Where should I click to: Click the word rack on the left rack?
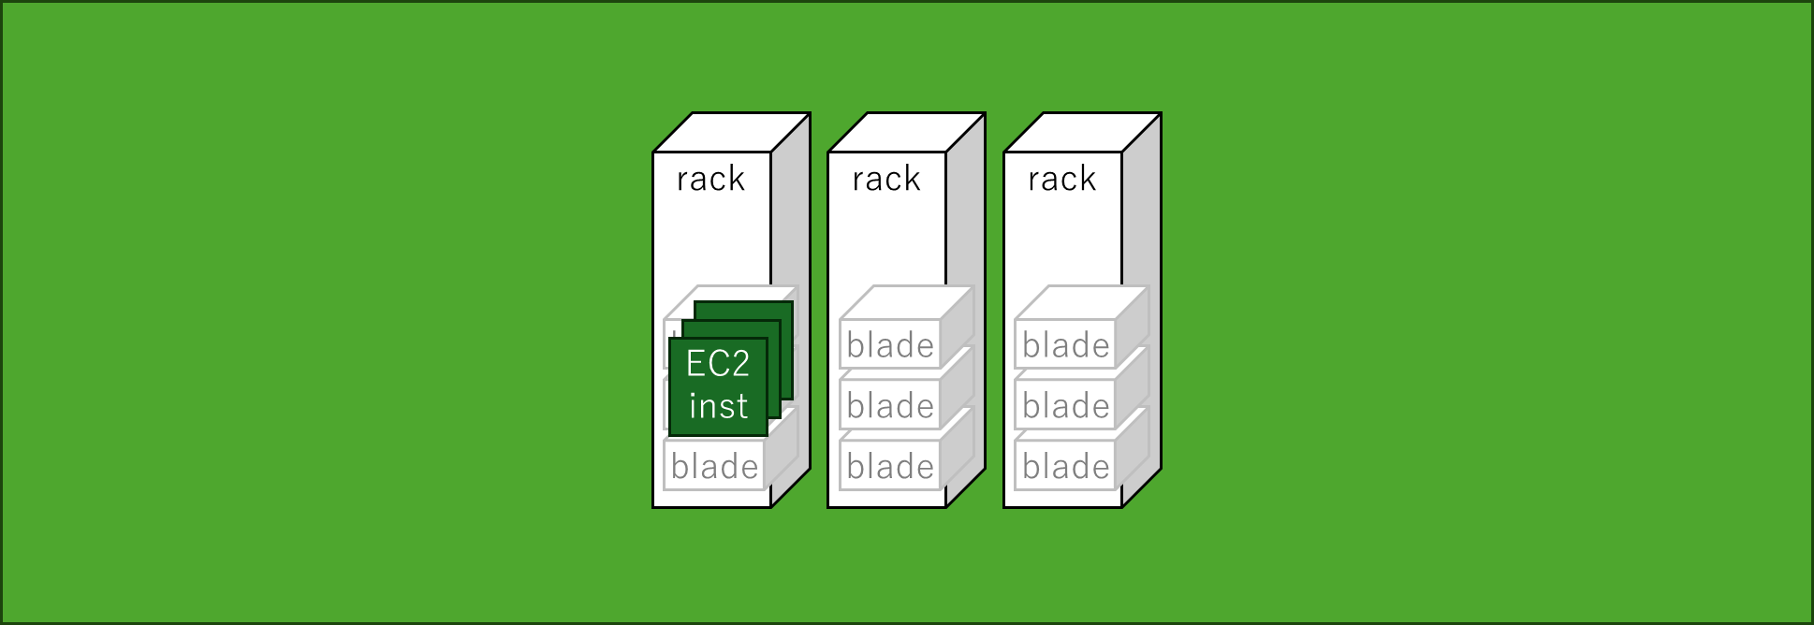click(710, 179)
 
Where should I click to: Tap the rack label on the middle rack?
click(886, 179)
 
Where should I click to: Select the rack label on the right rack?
click(1061, 179)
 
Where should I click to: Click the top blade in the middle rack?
click(890, 345)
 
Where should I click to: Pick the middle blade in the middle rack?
click(890, 406)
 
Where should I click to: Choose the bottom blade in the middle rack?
click(890, 466)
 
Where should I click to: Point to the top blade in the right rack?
click(1065, 345)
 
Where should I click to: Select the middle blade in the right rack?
click(1065, 406)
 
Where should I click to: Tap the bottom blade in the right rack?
click(1065, 466)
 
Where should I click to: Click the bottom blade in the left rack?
click(714, 466)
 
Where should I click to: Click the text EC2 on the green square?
click(718, 364)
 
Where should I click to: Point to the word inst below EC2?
click(718, 406)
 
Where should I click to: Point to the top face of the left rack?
click(731, 132)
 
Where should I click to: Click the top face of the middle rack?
click(906, 132)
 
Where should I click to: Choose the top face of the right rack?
click(1082, 132)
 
